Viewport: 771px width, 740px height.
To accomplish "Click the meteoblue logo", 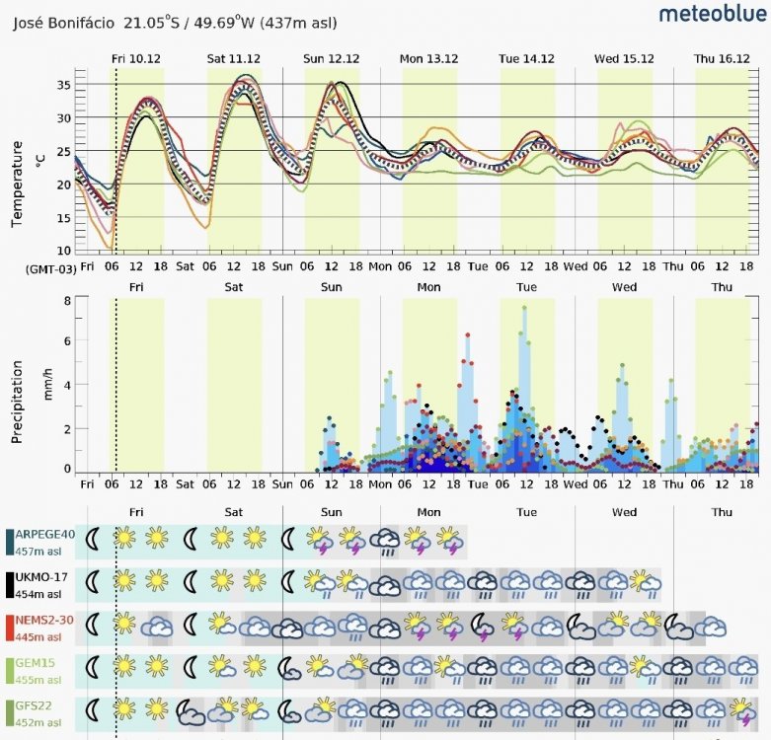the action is click(x=713, y=13).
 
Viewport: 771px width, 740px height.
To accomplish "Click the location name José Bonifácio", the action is click(x=63, y=23).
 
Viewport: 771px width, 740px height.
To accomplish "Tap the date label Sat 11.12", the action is click(x=234, y=59).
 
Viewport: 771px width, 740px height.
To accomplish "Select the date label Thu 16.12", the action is click(x=722, y=59).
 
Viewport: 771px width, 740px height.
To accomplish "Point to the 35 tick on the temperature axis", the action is click(x=64, y=85).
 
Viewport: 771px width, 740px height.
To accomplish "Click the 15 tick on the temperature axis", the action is click(x=64, y=218).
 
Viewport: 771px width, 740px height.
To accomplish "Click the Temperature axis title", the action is click(x=17, y=184).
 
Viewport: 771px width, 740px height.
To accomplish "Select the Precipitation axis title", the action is click(x=17, y=402).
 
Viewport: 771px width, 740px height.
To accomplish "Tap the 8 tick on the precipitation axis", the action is click(x=67, y=300).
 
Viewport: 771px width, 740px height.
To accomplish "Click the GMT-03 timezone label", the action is click(x=51, y=269).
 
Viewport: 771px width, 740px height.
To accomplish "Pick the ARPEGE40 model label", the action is click(x=44, y=534).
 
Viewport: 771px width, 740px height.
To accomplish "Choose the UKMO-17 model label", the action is click(x=41, y=577).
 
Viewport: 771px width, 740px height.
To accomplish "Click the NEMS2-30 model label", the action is click(x=44, y=620).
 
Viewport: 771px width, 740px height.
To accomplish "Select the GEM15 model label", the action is click(x=35, y=663).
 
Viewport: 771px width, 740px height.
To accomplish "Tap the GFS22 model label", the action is click(x=34, y=705).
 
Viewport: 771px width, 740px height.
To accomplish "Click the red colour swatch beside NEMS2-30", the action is click(x=9, y=628).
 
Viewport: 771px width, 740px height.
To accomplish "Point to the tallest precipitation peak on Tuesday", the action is click(x=524, y=308).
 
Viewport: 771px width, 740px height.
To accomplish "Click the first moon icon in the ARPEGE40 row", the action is click(x=92, y=539).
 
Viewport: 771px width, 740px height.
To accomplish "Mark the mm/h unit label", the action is click(x=48, y=384).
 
